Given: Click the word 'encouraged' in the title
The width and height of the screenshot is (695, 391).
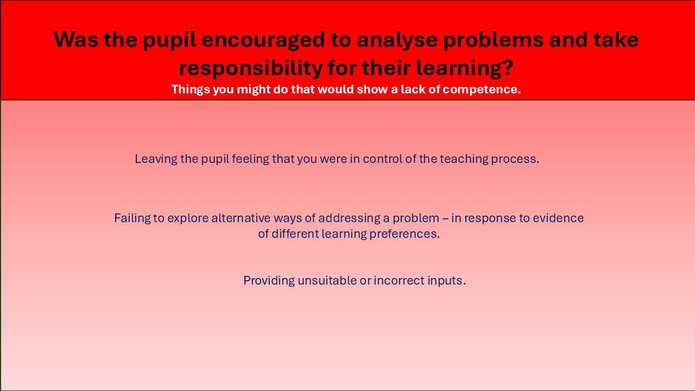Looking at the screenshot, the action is point(263,41).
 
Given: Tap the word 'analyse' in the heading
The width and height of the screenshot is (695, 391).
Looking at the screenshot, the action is point(397,41).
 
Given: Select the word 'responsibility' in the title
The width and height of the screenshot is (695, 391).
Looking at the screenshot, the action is point(251,69).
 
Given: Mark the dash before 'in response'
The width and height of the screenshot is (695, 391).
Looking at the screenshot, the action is point(445,219).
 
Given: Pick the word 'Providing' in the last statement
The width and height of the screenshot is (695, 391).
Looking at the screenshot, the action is point(269,281).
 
